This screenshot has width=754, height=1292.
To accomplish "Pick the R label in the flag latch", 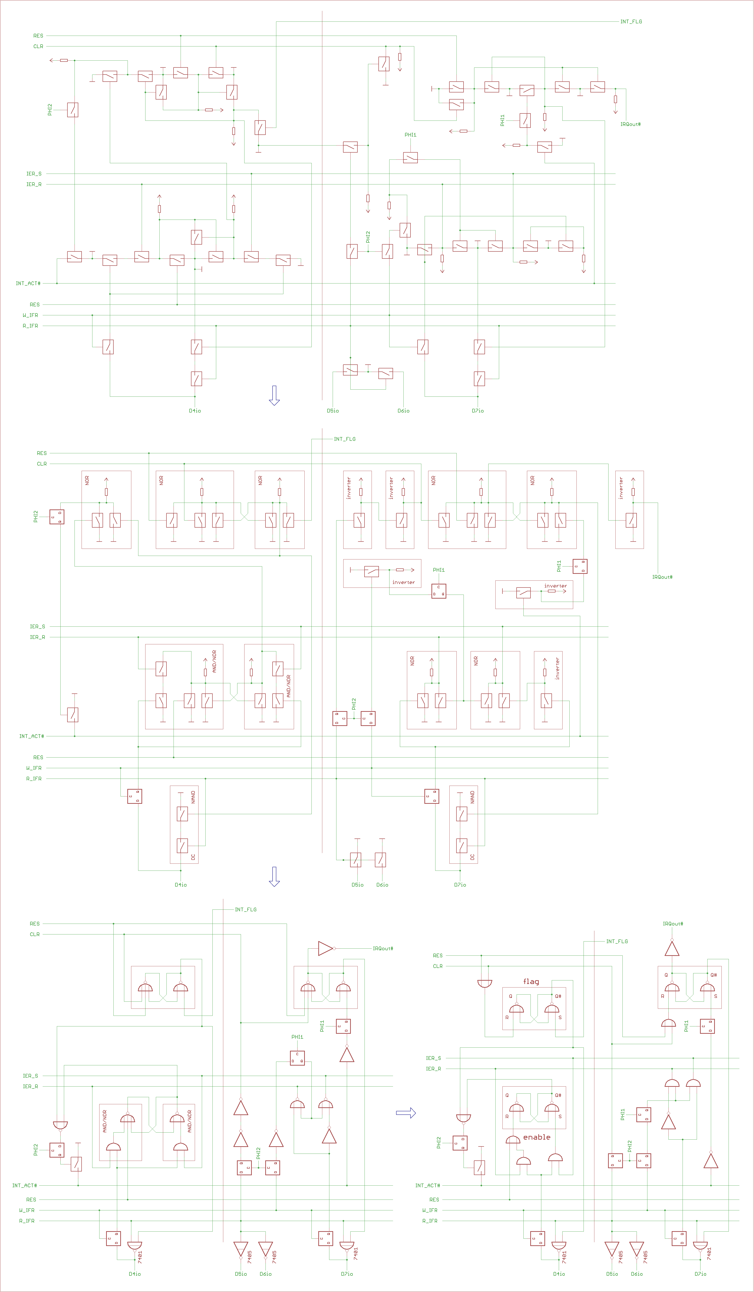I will (507, 1017).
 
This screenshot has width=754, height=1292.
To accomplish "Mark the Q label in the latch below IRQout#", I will (666, 975).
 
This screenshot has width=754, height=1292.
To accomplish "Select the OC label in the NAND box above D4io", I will (193, 857).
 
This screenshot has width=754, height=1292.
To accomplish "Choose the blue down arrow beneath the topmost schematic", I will (274, 395).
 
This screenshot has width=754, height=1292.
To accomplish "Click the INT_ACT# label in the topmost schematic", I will (28, 283).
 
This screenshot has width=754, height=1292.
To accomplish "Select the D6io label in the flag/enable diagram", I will (637, 1274).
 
